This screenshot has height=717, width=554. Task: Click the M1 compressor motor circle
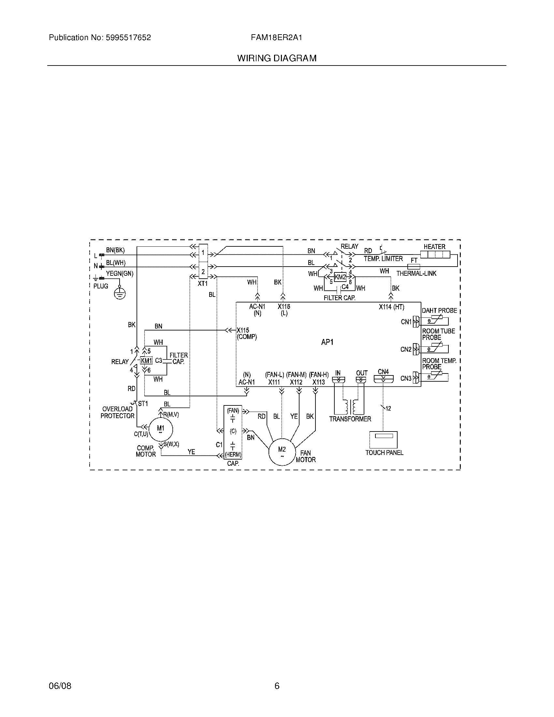click(x=160, y=430)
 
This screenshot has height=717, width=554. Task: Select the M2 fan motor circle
click(x=282, y=452)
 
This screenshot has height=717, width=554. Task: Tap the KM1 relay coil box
click(x=146, y=361)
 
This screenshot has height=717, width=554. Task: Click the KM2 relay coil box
click(x=340, y=277)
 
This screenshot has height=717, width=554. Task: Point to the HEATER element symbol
click(x=435, y=255)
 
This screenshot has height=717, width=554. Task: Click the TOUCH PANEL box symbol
click(x=383, y=440)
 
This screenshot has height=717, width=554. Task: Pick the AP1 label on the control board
click(x=327, y=342)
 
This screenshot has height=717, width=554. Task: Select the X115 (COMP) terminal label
click(x=246, y=333)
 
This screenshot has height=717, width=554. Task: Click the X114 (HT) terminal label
click(x=391, y=307)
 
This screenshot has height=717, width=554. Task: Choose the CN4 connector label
click(x=383, y=372)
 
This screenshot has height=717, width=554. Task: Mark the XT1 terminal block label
click(x=202, y=284)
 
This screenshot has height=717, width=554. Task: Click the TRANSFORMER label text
click(x=350, y=419)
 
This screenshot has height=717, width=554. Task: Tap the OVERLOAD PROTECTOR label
click(x=118, y=412)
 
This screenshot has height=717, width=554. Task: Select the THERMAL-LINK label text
click(x=416, y=273)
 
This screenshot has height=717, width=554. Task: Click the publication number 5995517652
click(x=128, y=38)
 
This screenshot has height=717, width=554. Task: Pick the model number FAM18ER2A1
click(x=276, y=38)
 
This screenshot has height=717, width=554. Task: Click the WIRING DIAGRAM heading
click(x=277, y=58)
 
